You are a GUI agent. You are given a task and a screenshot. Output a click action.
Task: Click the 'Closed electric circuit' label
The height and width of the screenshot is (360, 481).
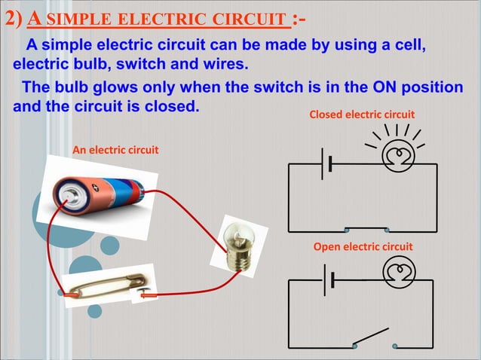362,114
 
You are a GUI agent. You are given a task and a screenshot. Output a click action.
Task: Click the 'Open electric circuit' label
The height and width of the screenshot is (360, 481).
363,247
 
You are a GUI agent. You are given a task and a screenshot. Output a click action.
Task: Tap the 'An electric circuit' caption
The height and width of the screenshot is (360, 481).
115,150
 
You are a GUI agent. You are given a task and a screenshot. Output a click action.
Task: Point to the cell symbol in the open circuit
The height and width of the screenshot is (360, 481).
327,279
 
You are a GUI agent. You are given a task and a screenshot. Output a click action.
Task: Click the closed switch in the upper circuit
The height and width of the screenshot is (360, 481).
366,229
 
